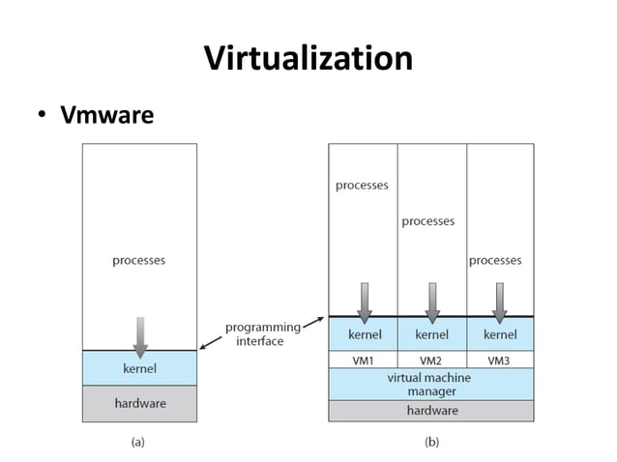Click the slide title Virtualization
point(308,58)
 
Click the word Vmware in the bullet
point(107,116)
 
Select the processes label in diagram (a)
point(139,260)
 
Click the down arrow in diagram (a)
point(140,336)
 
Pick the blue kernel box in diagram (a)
point(139,368)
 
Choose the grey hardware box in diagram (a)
point(139,403)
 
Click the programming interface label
point(262,334)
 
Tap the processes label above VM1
point(362,186)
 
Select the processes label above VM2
point(428,221)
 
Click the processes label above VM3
point(495,260)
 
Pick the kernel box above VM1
point(364,334)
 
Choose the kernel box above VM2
point(431,334)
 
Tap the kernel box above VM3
point(499,334)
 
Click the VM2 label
point(431,360)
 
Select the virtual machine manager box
point(430,384)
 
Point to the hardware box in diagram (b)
point(430,411)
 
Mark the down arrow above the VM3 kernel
point(499,303)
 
